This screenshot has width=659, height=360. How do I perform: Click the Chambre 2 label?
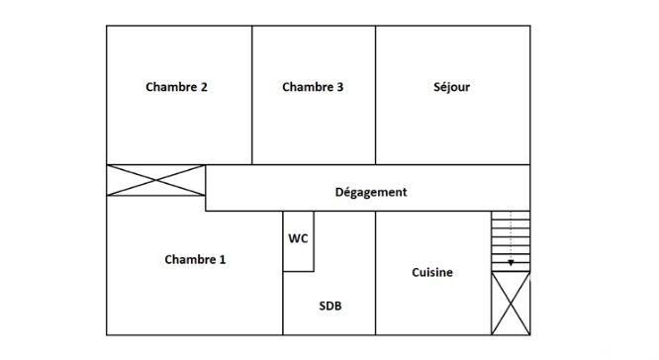tap(176, 87)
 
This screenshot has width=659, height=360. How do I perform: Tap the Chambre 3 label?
tap(313, 87)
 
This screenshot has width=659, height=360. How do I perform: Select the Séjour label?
tap(451, 87)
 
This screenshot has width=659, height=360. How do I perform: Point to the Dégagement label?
tap(371, 192)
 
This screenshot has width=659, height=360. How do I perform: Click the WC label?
tap(298, 238)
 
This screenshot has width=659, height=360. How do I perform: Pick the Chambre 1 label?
tap(195, 260)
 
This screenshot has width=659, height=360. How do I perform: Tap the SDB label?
tap(330, 307)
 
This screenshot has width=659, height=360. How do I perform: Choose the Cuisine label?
tap(432, 272)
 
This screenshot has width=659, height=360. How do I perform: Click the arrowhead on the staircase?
tap(511, 263)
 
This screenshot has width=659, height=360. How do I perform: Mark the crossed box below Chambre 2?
tap(156, 181)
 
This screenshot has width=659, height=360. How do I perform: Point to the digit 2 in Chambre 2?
tap(204, 87)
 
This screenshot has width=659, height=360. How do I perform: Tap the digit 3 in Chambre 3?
tap(340, 87)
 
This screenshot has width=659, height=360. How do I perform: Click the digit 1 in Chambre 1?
tap(223, 260)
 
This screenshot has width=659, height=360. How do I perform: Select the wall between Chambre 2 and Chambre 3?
tap(251, 95)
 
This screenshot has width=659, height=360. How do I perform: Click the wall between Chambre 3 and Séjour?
tap(375, 95)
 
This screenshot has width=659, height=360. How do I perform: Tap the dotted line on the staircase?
tap(511, 232)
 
